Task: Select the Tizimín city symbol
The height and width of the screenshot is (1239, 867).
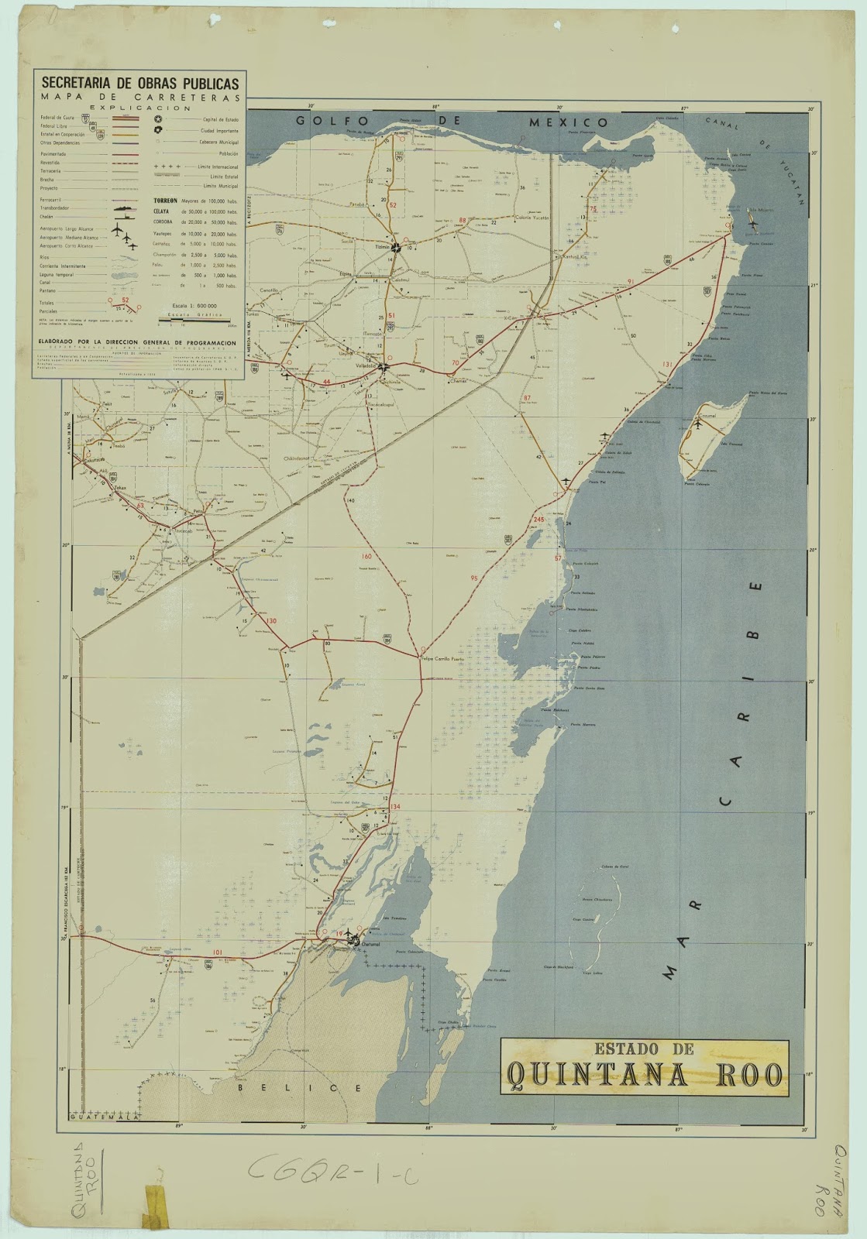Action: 396,248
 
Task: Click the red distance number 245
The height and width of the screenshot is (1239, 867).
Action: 539,519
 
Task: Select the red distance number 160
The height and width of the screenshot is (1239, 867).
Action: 366,556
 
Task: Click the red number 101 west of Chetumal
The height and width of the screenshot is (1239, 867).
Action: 218,952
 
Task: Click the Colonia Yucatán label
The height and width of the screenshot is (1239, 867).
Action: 531,218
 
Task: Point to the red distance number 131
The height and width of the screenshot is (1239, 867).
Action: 668,363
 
